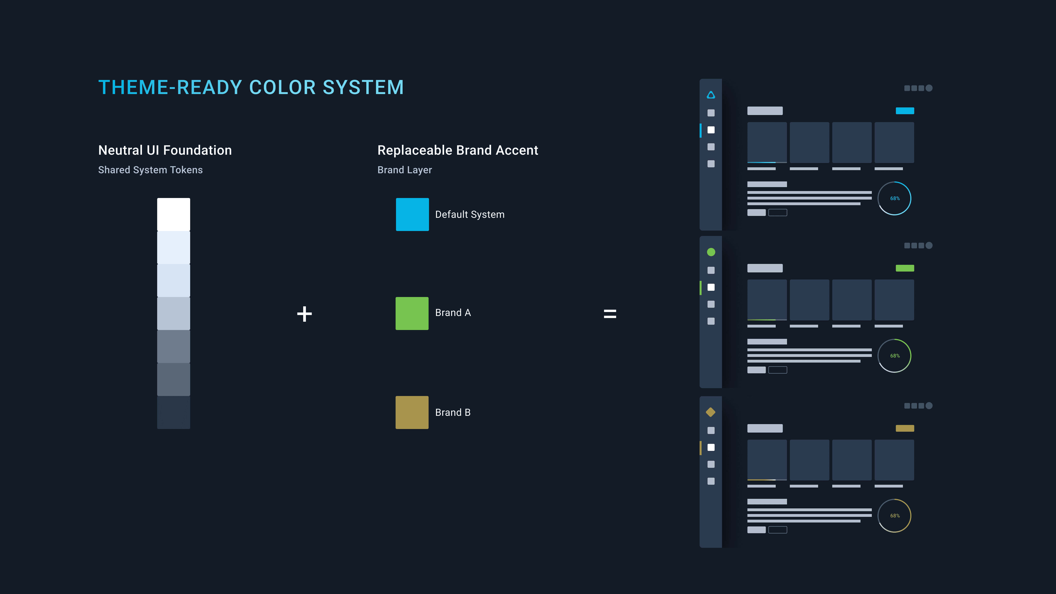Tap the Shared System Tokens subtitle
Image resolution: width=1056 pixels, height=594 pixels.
(150, 170)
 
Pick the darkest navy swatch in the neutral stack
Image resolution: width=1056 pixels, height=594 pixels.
(173, 412)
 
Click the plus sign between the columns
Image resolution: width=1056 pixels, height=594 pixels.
(304, 314)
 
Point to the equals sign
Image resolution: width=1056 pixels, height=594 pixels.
(610, 314)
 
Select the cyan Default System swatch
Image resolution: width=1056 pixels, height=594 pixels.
(412, 214)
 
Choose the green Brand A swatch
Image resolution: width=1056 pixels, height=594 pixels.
(412, 313)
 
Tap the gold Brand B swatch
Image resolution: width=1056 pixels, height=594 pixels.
(412, 412)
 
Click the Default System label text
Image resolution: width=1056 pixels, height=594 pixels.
(469, 214)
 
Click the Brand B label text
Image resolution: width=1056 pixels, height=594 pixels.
(453, 412)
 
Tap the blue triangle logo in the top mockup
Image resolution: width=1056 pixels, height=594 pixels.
(711, 95)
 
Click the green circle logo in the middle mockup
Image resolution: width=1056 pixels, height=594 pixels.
(711, 252)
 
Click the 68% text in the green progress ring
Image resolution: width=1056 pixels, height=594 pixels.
(895, 356)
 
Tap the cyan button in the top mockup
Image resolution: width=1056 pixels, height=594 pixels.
(905, 111)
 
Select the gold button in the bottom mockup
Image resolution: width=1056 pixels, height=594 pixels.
(905, 428)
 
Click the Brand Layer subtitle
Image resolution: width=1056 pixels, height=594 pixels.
(404, 170)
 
